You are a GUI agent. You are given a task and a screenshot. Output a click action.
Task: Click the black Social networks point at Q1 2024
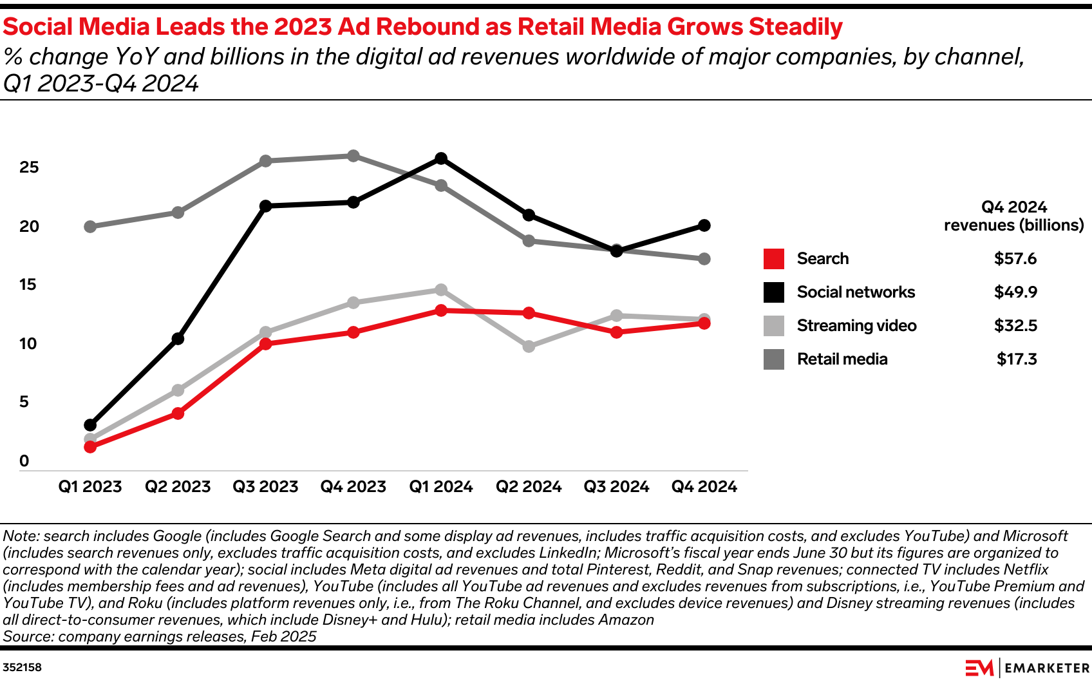pos(441,158)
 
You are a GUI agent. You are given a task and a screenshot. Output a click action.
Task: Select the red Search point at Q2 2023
pos(178,413)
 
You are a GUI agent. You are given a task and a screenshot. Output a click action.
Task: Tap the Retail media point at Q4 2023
pos(353,156)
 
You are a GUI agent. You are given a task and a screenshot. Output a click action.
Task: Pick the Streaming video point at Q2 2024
pos(529,347)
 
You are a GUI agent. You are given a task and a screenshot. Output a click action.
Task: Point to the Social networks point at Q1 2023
pos(90,425)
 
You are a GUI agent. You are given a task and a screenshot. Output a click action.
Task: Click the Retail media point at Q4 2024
pos(704,259)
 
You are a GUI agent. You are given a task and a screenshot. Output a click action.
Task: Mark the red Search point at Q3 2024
pos(617,332)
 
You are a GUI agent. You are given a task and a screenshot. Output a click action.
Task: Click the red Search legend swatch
pos(774,259)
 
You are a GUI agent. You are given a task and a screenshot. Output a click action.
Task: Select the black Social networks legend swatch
pos(774,292)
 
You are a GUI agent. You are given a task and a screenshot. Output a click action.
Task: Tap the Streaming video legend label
pos(856,326)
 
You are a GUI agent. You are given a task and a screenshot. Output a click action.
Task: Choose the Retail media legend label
pos(842,359)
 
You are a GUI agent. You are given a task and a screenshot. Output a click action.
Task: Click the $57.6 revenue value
pos(1015,259)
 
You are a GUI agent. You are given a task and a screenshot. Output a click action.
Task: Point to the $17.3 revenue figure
pos(1017,359)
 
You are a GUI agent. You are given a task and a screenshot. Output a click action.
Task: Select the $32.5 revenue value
pos(1015,326)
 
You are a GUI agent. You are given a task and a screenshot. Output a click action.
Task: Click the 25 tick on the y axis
pos(29,167)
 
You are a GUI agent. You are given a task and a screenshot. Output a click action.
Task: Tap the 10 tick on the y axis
pos(28,344)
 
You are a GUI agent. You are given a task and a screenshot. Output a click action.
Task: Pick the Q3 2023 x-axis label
pos(265,487)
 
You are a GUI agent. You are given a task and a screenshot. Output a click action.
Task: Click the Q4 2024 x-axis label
pos(704,487)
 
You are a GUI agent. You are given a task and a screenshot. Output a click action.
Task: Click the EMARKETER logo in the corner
pos(1028,668)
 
